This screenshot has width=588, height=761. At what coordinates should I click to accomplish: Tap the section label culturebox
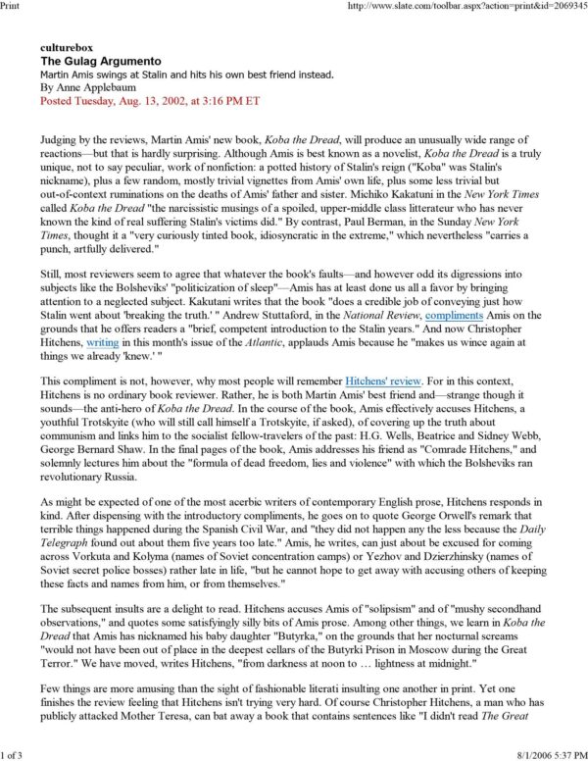(66, 47)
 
